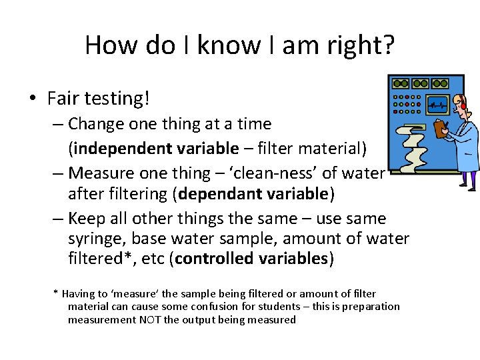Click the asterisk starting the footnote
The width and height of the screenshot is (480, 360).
(x=55, y=293)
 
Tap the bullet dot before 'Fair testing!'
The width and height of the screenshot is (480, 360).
(x=33, y=100)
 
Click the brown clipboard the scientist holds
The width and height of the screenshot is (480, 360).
(x=441, y=127)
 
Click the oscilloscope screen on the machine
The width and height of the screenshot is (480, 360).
(x=437, y=105)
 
